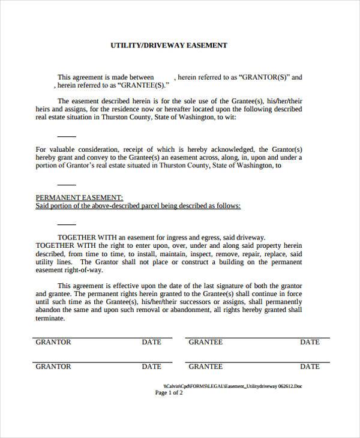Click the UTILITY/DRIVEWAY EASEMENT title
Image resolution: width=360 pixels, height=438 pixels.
169,46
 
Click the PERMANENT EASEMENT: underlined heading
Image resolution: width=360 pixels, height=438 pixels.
79,197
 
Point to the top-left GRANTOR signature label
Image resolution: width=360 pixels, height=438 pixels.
53,342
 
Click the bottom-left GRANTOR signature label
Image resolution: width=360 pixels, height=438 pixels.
53,366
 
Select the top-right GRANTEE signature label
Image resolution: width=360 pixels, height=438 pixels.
206,342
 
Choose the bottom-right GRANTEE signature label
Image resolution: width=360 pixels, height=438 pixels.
206,366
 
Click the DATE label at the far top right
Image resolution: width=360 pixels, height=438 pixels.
310,342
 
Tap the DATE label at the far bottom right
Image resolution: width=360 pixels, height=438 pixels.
310,366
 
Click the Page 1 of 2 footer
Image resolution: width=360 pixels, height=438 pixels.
169,394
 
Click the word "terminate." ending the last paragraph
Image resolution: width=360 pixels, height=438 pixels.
50,319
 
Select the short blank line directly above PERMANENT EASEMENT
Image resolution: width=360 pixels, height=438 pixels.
66,185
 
